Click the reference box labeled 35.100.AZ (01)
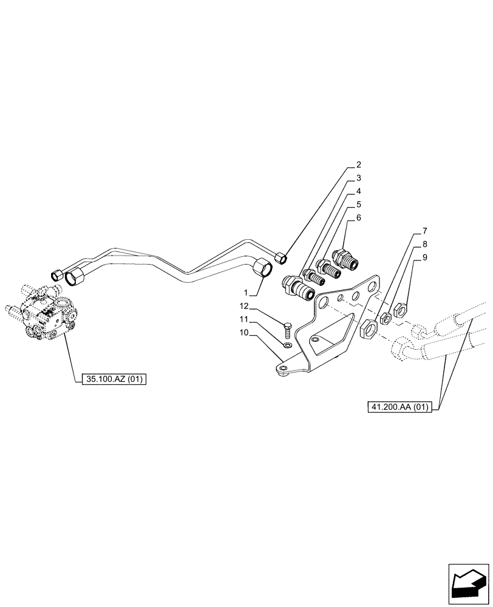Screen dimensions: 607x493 click(x=114, y=379)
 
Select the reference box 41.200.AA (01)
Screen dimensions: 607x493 click(x=398, y=408)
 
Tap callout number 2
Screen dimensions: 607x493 click(x=359, y=164)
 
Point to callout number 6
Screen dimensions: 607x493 click(x=359, y=217)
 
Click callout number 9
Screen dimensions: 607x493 click(x=425, y=257)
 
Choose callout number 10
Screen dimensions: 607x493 click(x=243, y=332)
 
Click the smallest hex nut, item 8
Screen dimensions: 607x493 click(x=385, y=319)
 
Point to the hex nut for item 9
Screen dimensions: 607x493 click(x=400, y=310)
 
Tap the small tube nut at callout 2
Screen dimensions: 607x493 click(x=280, y=258)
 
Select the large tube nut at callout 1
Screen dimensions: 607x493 click(x=262, y=268)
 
